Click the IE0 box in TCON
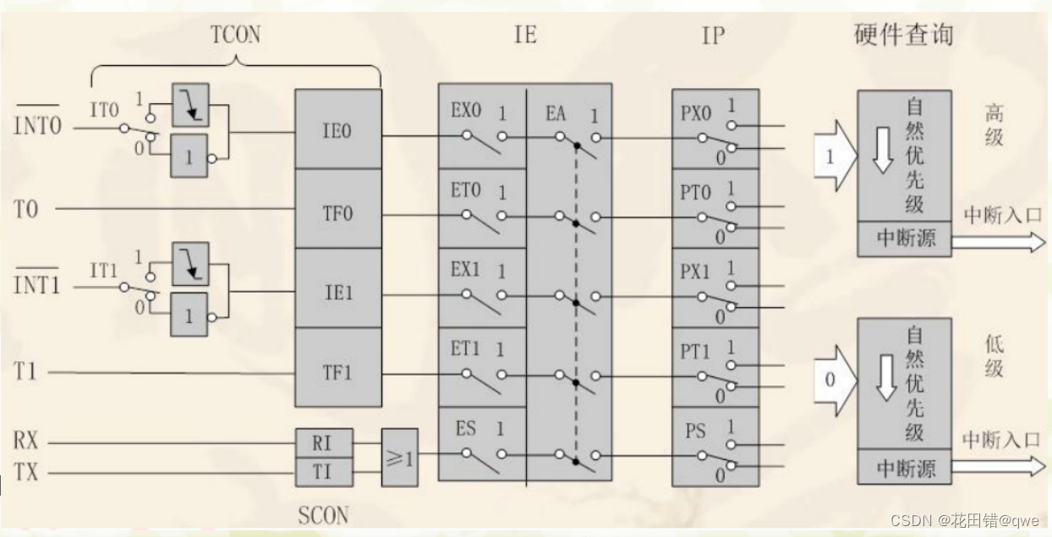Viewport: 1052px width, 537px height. (x=337, y=132)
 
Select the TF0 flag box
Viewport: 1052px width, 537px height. (x=337, y=212)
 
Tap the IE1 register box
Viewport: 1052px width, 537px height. (x=337, y=293)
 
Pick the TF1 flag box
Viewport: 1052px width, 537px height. (x=337, y=371)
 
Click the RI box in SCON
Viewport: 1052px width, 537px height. (x=323, y=442)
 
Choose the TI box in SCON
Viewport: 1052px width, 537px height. (x=323, y=472)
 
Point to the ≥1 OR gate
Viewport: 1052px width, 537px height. (x=399, y=458)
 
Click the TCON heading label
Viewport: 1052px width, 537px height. (x=235, y=35)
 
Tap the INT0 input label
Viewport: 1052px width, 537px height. (x=38, y=128)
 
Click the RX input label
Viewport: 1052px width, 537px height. (x=26, y=441)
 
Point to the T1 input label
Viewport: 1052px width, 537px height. (x=26, y=371)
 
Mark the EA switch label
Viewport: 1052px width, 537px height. (x=556, y=113)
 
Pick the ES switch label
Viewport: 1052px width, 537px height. (x=466, y=428)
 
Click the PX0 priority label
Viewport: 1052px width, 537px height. (x=696, y=113)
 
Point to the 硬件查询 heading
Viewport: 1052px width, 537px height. (x=903, y=35)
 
